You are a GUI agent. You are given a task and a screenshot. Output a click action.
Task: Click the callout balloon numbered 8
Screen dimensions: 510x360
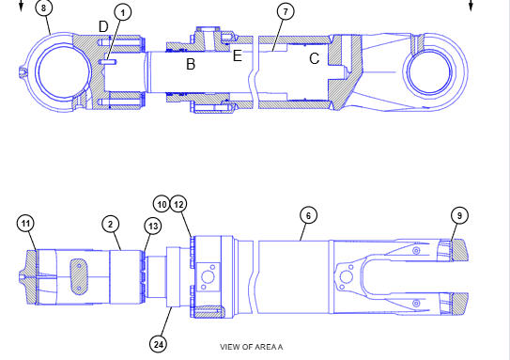pos(43,8)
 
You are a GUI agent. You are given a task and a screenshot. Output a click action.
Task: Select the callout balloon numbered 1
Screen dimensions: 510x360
pos(123,13)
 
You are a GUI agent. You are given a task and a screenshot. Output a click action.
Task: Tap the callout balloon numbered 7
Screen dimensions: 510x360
pos(286,11)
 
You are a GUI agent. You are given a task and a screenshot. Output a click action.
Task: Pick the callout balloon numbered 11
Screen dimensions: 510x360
pos(25,224)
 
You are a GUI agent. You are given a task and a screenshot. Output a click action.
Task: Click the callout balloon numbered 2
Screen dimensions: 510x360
pos(111,224)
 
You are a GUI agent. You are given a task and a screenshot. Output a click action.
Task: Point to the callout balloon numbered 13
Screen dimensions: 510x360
pos(153,226)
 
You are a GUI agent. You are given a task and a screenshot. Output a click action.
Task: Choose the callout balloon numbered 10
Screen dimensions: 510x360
pos(162,204)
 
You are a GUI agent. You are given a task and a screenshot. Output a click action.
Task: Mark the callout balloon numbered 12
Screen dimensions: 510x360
pos(178,204)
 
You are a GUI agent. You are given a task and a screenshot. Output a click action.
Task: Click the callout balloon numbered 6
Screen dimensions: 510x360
pos(308,215)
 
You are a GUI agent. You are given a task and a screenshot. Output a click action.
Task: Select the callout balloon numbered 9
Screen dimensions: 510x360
pos(459,215)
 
